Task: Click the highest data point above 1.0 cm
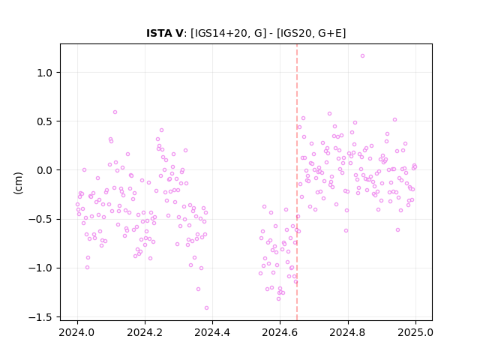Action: (x=362, y=56)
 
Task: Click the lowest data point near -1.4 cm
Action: (x=207, y=308)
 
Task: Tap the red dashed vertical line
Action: (x=297, y=182)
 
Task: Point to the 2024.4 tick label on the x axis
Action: (x=212, y=332)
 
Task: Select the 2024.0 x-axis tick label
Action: (x=77, y=332)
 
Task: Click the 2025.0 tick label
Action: (x=415, y=332)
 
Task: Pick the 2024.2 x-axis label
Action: (x=145, y=332)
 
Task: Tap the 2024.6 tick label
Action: (x=280, y=332)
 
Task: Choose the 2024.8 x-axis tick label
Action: (x=348, y=332)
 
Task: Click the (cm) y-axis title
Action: (x=18, y=183)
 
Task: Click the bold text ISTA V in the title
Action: (x=165, y=33)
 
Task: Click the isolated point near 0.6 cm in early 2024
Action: (x=115, y=112)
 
